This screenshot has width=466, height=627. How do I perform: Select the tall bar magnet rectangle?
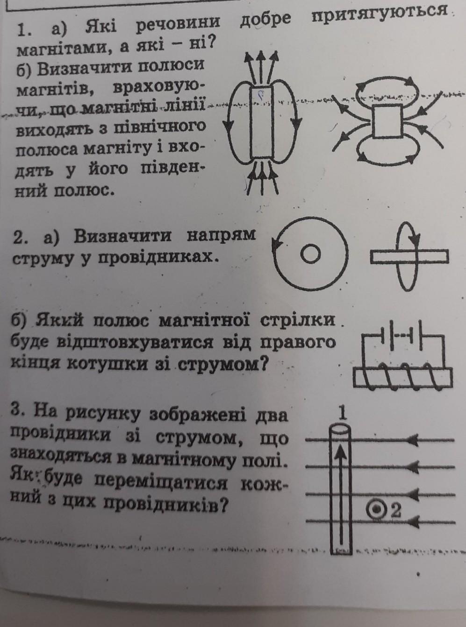[262, 122]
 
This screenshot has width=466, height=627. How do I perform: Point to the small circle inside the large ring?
[310, 254]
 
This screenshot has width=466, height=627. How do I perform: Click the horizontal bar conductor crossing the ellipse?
[409, 257]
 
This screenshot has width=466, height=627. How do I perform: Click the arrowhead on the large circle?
[276, 242]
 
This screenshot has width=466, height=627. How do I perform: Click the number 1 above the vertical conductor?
[343, 414]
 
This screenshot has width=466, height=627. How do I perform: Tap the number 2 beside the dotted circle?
[396, 510]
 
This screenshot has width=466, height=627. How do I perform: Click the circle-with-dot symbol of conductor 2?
[377, 509]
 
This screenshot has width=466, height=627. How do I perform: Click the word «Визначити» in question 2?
[122, 236]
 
